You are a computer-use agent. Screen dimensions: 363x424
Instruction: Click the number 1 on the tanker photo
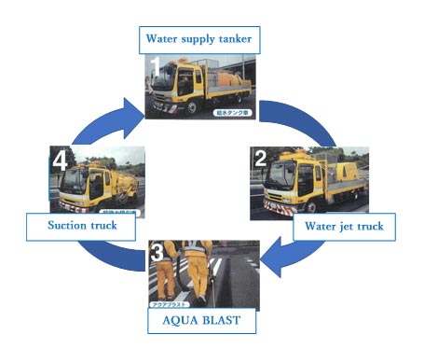157,66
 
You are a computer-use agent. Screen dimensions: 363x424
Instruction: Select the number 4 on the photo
61,161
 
